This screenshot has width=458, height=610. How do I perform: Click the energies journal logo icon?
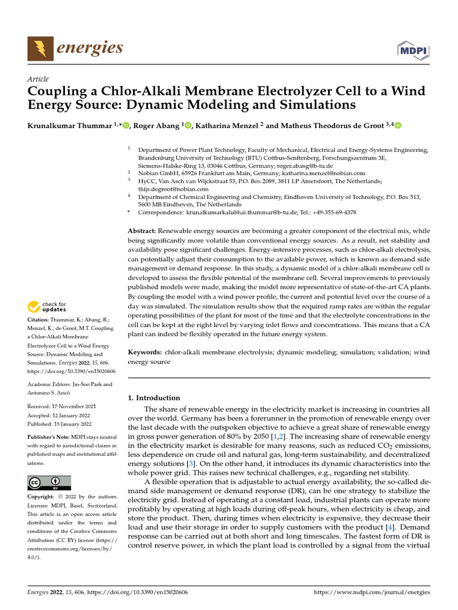coord(39,47)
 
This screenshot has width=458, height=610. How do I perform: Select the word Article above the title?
coord(38,79)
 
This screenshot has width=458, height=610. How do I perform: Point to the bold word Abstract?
coord(142,230)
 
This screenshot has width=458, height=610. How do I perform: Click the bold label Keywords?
coord(146,353)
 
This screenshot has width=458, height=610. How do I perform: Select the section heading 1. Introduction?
coord(154,397)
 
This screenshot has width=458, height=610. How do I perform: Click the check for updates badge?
coord(47,307)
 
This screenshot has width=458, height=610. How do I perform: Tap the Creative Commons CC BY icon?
coord(49,482)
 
